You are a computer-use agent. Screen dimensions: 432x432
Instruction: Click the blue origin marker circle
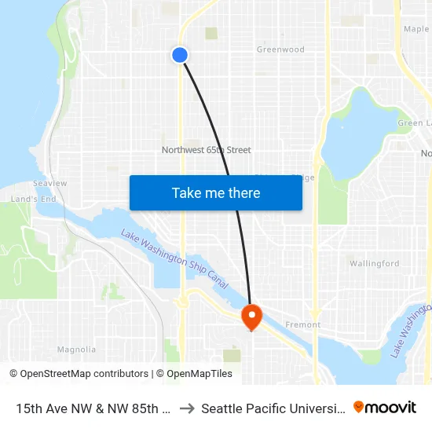[180, 54]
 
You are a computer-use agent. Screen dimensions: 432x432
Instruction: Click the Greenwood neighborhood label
[280, 49]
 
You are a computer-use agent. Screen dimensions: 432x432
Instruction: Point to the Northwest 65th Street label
[206, 150]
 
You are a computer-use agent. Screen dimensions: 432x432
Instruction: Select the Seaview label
[50, 183]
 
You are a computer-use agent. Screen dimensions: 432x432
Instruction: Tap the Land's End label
[33, 200]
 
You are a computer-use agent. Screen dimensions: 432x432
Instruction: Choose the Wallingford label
[374, 264]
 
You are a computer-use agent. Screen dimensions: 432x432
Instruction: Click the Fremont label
[303, 324]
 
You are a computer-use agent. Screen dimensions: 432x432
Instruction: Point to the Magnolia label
[77, 350]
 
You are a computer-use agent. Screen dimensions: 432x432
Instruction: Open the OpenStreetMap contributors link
[79, 374]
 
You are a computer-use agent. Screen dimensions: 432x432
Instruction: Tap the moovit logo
[385, 408]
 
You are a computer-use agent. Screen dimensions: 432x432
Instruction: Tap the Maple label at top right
[416, 29]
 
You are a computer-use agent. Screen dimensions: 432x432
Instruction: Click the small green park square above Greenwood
[211, 33]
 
